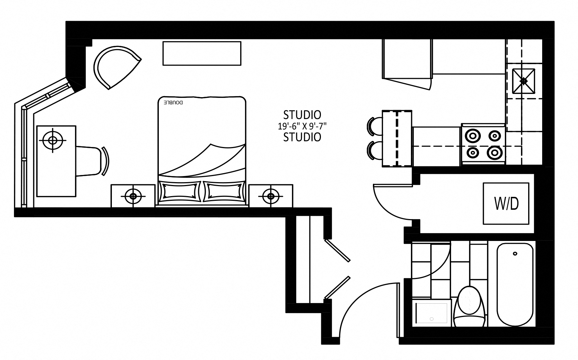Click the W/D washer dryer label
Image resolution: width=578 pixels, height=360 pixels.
[506, 204]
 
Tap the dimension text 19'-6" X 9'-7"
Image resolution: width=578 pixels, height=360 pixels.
[302, 126]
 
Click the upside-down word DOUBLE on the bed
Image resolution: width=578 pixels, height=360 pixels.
[174, 103]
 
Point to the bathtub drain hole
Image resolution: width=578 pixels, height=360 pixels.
[515, 254]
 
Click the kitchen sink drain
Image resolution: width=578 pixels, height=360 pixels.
[523, 81]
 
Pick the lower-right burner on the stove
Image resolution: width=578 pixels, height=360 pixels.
[495, 153]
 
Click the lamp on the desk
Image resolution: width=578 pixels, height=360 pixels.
[53, 140]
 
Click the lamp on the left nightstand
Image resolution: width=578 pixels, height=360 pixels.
[133, 196]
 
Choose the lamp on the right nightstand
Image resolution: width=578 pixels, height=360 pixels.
[271, 196]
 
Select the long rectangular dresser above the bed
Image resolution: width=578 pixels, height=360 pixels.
[202, 53]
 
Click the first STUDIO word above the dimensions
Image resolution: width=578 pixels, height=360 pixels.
[302, 115]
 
